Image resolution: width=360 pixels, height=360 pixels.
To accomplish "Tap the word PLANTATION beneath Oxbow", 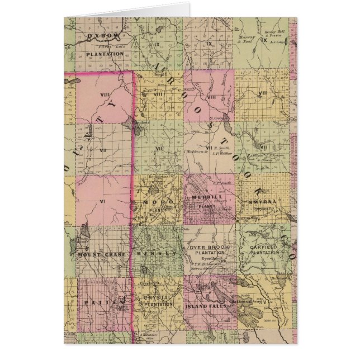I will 105,54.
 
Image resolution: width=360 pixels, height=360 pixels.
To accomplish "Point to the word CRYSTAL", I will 156,297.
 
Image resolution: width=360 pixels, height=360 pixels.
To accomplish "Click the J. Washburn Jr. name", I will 195,151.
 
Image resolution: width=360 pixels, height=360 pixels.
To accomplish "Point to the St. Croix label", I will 216,118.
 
